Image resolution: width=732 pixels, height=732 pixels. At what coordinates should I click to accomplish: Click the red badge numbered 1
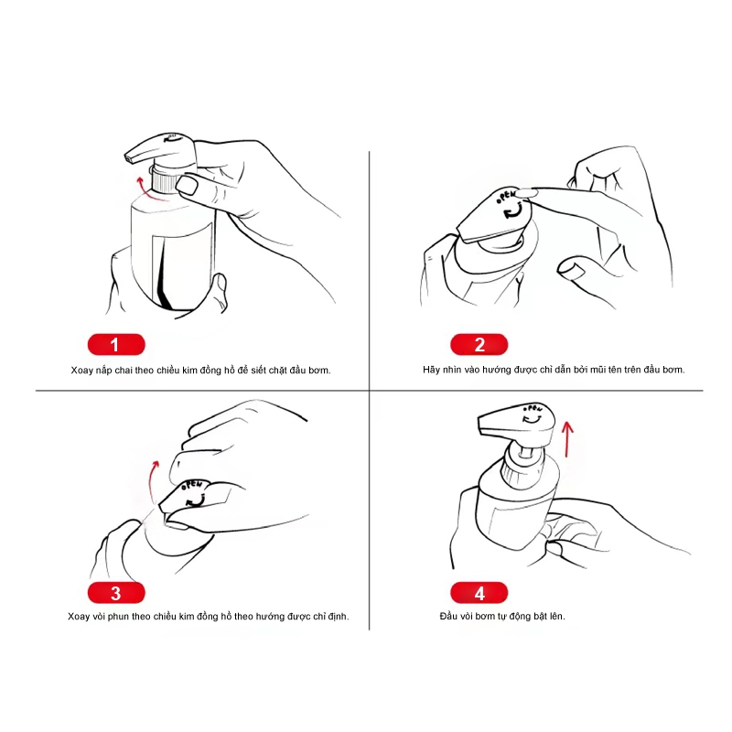(116, 345)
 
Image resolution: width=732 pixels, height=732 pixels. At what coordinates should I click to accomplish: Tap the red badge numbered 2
(479, 345)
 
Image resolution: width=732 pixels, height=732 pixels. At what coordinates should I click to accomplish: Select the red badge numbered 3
(116, 593)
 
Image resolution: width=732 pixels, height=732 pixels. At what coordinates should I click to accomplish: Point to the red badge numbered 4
(479, 593)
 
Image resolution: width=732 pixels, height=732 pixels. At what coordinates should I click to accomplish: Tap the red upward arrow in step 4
(567, 439)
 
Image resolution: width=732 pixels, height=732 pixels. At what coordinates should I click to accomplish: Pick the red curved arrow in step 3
(152, 481)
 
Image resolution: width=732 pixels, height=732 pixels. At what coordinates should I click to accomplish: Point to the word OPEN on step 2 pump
(506, 196)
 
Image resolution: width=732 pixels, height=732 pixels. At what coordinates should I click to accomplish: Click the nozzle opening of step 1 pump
(129, 159)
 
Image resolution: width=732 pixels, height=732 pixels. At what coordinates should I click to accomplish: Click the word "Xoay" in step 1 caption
(81, 371)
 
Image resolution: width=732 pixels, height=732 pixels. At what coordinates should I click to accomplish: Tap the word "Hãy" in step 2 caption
(431, 370)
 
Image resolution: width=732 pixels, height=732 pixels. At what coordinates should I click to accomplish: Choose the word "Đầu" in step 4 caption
(448, 616)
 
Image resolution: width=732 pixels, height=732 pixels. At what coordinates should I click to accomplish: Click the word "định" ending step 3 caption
(338, 617)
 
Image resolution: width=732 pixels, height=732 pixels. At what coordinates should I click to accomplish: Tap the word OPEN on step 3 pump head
(191, 485)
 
